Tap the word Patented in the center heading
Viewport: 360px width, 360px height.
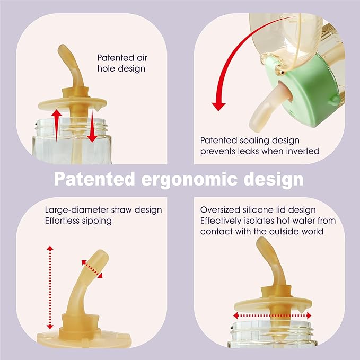click(x=94, y=179)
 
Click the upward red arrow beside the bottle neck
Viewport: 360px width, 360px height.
click(x=56, y=125)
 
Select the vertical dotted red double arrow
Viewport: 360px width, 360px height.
click(x=50, y=287)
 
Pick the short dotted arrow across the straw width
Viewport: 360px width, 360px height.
click(x=92, y=269)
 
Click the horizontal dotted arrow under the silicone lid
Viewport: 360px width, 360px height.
click(x=272, y=315)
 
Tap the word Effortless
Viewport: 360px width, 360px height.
click(x=62, y=221)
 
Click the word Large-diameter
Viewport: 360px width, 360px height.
click(x=77, y=210)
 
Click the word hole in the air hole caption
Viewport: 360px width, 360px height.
click(x=105, y=68)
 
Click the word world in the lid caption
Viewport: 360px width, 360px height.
click(x=312, y=231)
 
